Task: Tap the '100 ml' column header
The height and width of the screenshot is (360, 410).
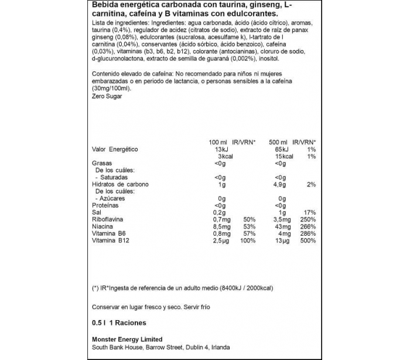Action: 218,142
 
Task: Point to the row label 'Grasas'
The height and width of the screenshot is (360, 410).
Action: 102,164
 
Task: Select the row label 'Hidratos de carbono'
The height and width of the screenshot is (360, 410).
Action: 121,184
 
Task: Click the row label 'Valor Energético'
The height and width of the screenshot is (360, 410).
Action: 115,150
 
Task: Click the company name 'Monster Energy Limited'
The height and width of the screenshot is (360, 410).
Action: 127,339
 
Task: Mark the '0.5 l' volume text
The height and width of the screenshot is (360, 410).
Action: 99,322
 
